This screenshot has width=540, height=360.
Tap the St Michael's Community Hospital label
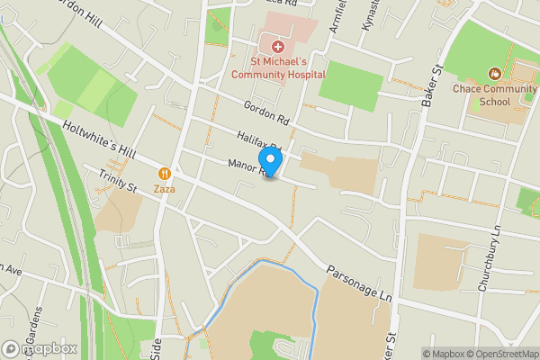pyautogui.click(x=277, y=67)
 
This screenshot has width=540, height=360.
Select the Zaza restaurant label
pyautogui.click(x=164, y=189)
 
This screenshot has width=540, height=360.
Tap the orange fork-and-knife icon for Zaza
pyautogui.click(x=164, y=174)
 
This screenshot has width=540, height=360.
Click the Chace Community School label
pyautogui.click(x=494, y=95)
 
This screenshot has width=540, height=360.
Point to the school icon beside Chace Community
pyautogui.click(x=494, y=74)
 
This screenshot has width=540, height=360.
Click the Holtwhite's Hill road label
pyautogui.click(x=99, y=141)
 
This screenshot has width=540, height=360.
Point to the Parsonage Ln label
pyautogui.click(x=360, y=283)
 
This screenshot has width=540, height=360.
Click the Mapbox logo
pyautogui.click(x=40, y=348)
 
